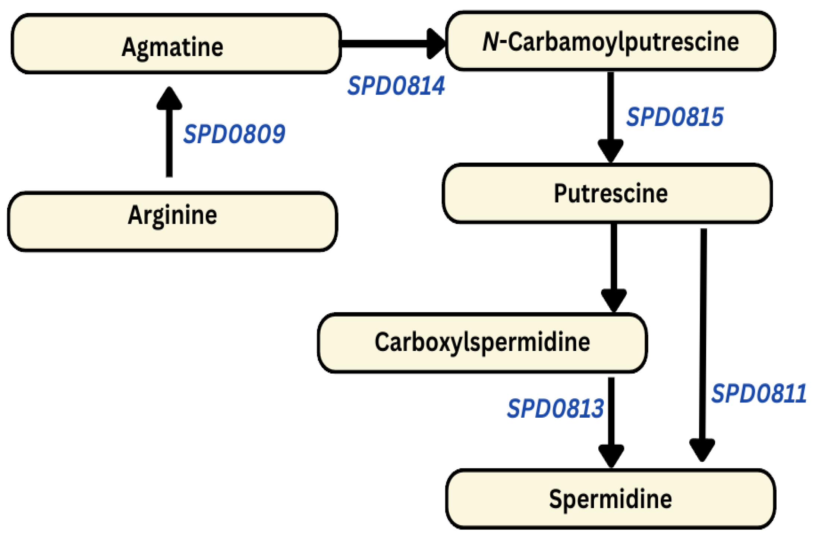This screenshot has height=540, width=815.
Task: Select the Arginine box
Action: click(x=172, y=222)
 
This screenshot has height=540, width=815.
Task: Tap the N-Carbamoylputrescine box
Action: click(x=610, y=41)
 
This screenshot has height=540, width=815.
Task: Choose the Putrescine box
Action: click(x=607, y=194)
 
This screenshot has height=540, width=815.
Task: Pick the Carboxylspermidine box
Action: click(x=482, y=343)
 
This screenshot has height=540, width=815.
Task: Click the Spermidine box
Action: click(x=610, y=499)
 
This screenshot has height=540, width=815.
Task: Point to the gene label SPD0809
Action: click(x=234, y=134)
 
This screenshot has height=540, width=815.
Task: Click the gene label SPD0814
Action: click(x=396, y=86)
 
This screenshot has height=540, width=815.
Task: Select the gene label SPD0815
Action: click(x=675, y=117)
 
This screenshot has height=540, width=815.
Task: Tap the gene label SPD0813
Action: click(x=555, y=408)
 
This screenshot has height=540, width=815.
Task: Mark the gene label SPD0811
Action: click(x=759, y=393)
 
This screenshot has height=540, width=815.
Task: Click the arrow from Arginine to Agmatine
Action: click(x=169, y=138)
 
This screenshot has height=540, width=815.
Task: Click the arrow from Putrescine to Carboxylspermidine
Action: click(x=614, y=261)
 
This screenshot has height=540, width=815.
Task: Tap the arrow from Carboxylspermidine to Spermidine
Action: click(x=611, y=414)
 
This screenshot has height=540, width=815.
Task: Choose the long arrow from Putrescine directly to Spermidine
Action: click(x=703, y=336)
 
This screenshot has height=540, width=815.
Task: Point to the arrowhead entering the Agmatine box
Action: click(x=169, y=98)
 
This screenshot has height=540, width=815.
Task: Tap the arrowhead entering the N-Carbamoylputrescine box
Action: click(x=436, y=44)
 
